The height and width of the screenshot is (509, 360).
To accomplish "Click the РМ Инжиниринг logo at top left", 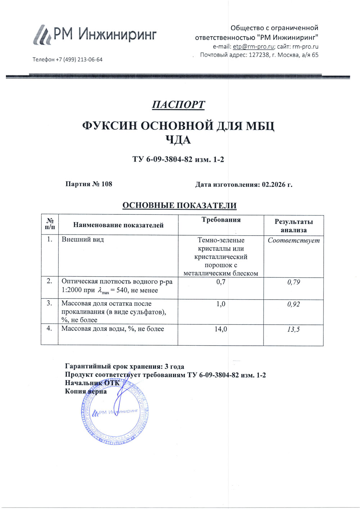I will pos(94,35).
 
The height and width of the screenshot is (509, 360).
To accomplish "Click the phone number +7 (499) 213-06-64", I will pos(79,59).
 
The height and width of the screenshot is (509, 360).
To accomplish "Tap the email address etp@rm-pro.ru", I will pos(253,46).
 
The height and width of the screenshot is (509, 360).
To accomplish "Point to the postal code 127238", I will pos(259,55).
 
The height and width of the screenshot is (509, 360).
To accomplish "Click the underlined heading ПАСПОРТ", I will pos(178,105).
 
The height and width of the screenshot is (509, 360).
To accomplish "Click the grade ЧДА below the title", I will pos(178,140).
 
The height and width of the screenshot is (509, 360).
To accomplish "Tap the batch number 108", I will pos(107,184).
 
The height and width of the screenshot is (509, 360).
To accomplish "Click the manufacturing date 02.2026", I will pos(274,185).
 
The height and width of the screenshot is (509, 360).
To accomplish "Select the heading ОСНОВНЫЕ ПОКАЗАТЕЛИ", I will pos(179,206).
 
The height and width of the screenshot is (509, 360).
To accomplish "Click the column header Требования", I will pos(221,220).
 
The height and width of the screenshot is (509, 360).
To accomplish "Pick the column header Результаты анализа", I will pos(293,226).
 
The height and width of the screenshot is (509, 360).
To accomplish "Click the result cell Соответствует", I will pos(293,240).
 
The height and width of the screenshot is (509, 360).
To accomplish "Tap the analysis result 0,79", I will pos(293,282).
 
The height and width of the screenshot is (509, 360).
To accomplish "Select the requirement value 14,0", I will pos(221,329).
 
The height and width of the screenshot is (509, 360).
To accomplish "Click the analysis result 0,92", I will pos(293,304).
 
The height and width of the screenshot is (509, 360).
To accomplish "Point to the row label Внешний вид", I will pos(83,240).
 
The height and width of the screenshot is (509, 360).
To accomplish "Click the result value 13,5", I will pos(293,329).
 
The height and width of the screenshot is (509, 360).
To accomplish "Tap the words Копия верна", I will pos(86,391).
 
